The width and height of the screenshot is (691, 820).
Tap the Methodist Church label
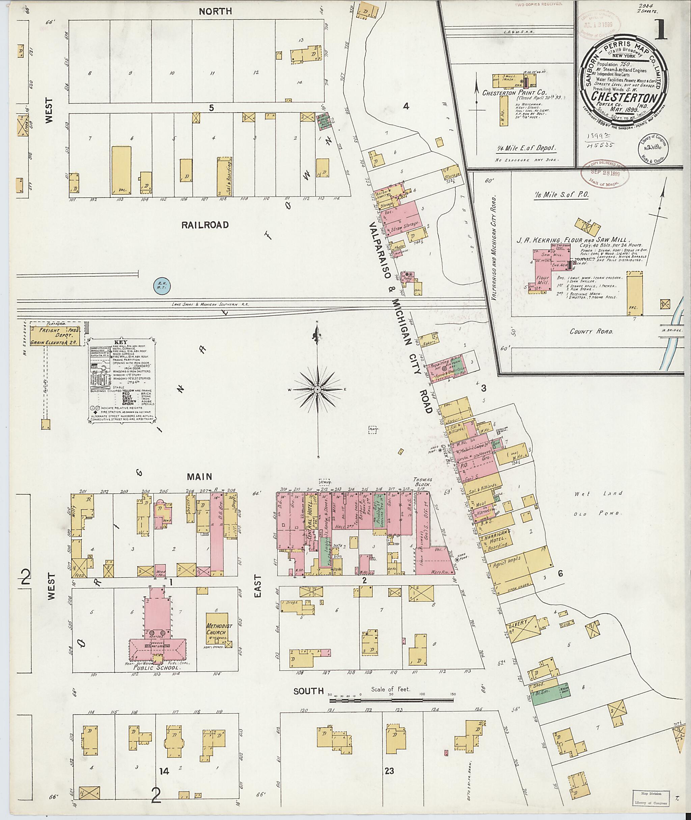click(x=219, y=635)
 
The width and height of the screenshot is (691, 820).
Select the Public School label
click(x=156, y=668)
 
